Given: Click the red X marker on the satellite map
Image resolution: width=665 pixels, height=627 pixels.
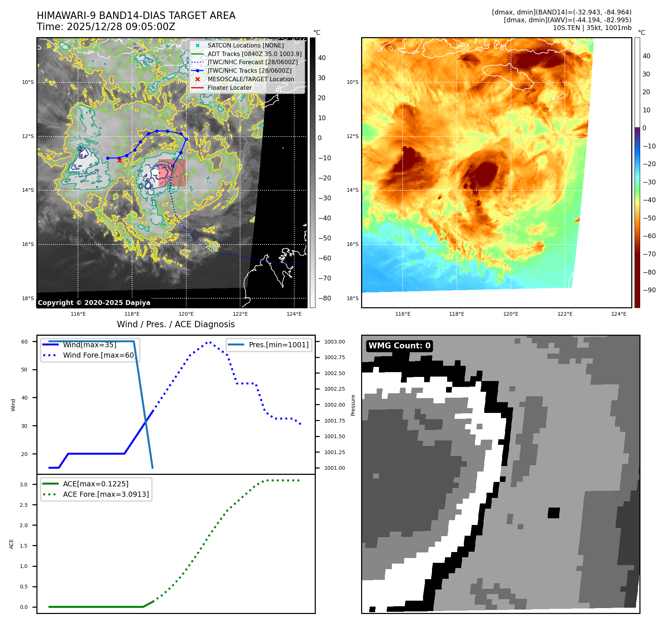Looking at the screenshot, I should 119,160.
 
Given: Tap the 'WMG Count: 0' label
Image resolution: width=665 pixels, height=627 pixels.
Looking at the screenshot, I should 399,346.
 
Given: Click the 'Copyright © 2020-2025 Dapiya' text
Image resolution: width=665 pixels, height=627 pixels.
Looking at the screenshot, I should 94,303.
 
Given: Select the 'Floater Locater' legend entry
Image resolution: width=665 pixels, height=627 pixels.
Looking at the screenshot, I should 229,88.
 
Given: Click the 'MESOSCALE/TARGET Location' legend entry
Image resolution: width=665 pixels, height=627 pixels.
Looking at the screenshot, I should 250,79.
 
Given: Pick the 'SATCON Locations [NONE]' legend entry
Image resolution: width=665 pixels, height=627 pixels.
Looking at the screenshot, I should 245,45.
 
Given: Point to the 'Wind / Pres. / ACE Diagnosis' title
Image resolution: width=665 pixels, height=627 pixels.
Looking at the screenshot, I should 176,324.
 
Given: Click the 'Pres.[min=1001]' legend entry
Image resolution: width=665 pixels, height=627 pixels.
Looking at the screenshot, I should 278,345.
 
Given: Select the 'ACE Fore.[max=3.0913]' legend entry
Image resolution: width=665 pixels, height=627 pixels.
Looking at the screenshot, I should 106,494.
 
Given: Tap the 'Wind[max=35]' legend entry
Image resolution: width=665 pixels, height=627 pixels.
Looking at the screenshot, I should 89,345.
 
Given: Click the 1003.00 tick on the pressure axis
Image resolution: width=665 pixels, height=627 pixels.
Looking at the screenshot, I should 334,342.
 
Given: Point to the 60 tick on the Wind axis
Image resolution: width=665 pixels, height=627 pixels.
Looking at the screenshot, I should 24,342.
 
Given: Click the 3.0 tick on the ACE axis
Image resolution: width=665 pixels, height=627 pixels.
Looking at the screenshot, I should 24,485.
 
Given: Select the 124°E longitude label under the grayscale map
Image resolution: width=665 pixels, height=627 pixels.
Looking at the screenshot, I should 294,314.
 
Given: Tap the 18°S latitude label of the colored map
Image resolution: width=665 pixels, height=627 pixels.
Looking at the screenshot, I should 353,298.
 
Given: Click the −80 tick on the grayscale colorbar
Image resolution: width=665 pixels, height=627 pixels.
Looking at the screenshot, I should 325,298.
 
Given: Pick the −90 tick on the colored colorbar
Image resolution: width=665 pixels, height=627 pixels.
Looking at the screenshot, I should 649,290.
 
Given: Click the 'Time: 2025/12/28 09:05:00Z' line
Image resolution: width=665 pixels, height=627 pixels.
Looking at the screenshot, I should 106,27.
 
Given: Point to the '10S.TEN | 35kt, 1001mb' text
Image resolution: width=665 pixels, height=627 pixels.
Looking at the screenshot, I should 592,28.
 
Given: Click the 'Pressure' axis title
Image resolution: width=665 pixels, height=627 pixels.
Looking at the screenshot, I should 353,405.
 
